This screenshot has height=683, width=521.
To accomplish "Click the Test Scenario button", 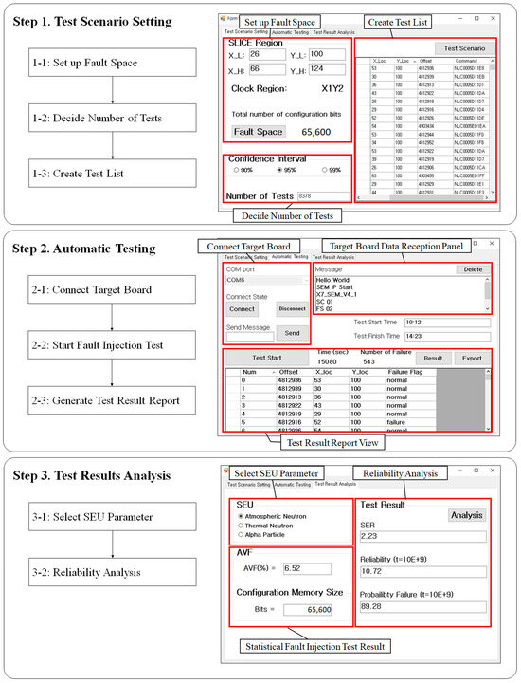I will (463, 48).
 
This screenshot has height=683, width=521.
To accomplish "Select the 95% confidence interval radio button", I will (280, 170).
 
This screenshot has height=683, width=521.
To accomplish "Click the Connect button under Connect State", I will (243, 308).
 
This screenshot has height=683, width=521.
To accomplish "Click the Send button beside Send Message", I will (293, 334).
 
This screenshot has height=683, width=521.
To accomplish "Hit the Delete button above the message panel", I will (472, 269).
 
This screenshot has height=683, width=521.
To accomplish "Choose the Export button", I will (473, 359).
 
